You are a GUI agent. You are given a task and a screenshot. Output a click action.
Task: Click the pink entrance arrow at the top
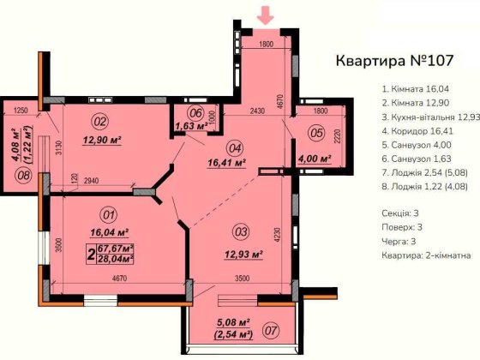tap(267, 14)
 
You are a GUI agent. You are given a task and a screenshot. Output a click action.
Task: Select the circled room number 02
tap(99, 121)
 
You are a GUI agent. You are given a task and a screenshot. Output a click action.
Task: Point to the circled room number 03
tap(241, 231)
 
